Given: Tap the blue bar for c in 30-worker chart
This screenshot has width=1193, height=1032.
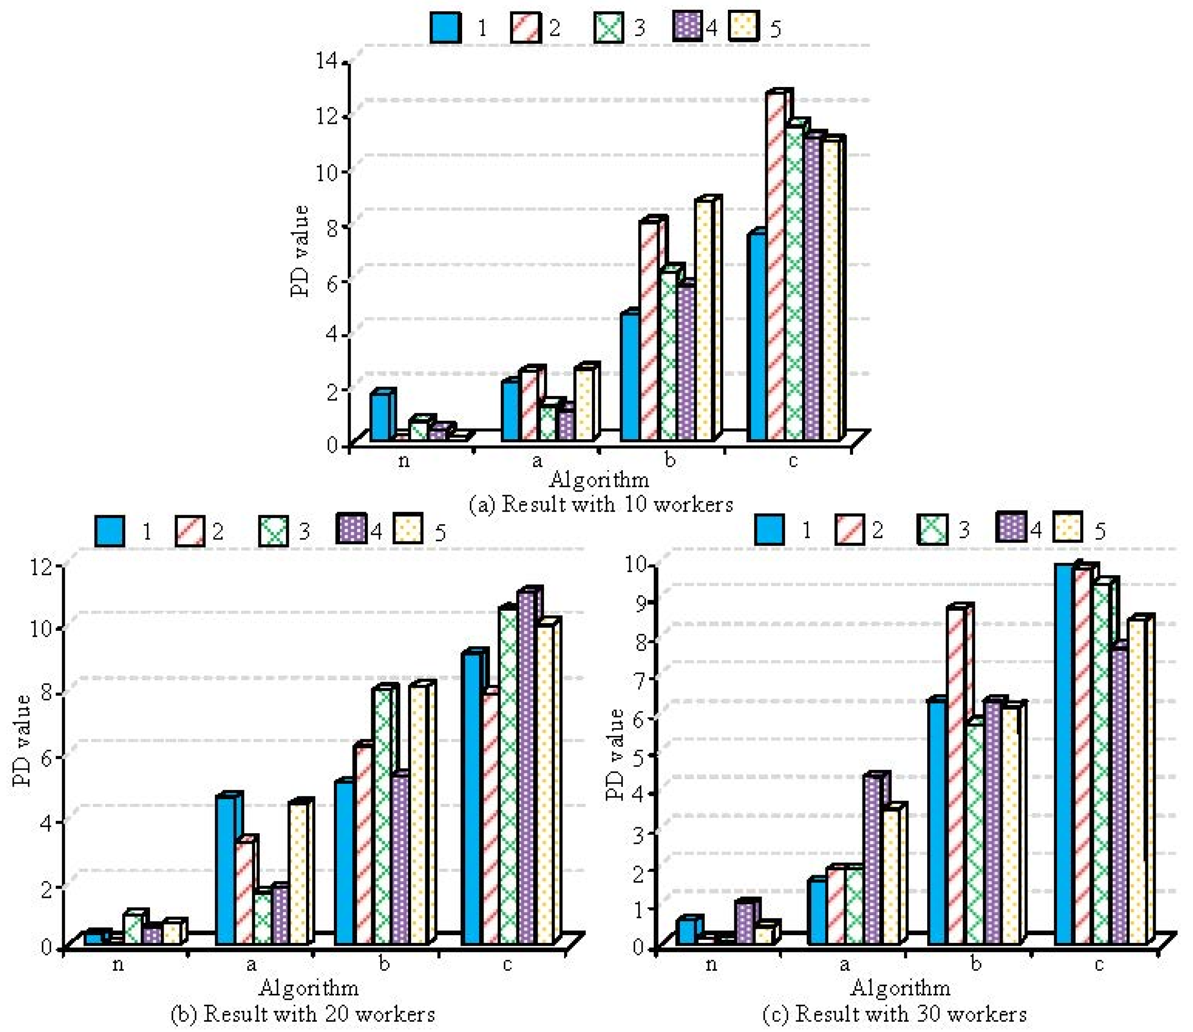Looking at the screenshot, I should (x=1064, y=754).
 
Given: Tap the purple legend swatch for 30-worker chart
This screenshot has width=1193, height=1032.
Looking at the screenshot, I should (x=1010, y=528).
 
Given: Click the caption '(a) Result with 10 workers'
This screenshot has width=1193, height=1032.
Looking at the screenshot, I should (x=600, y=504).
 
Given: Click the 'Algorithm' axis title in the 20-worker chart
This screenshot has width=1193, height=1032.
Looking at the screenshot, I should (x=309, y=988).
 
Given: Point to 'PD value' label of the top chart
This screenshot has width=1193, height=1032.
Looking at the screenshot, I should (x=300, y=251).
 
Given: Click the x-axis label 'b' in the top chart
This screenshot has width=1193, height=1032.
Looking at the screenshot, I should (x=669, y=460).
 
